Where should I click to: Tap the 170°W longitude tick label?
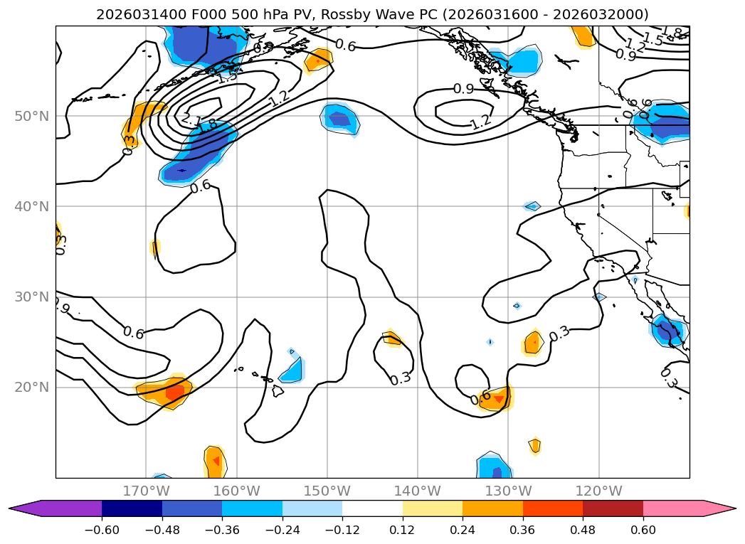coord(146,491)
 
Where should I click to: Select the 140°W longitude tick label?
coord(418,491)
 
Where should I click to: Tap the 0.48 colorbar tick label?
coord(583,531)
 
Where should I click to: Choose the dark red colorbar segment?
coord(613,508)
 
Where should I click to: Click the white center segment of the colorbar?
coord(372,508)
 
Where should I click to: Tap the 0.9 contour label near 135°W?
coord(463,89)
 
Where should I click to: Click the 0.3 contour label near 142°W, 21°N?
coord(401,378)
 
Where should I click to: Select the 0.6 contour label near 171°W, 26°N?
coord(133,332)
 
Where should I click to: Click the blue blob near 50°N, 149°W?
coord(339,118)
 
